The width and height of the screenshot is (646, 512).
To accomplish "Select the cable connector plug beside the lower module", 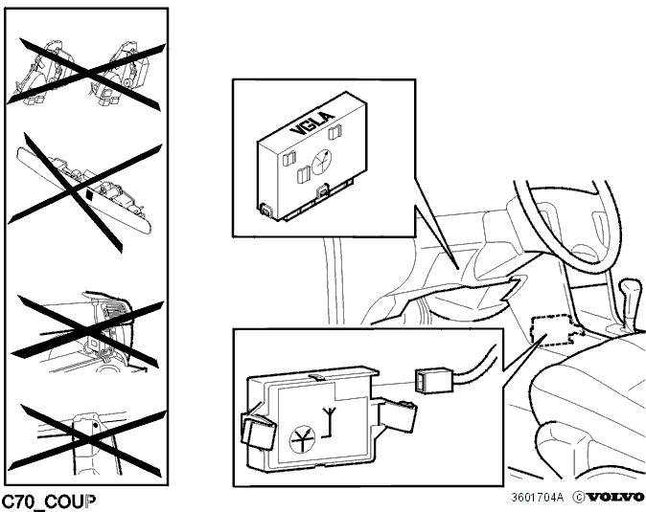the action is pos(434,380).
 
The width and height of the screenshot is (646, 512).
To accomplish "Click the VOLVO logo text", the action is pos(615,498).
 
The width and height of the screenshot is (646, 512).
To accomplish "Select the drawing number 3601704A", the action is pos(537,498).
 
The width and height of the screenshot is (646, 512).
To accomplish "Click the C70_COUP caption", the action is pos(49,501).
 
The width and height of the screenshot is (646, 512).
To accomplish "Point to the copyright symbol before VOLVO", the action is pos(579,498).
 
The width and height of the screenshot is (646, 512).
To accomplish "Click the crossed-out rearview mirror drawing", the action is pos(83,190).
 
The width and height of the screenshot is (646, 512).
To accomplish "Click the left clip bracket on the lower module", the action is pos(258,430).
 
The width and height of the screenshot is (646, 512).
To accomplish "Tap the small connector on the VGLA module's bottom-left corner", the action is pos(266,210).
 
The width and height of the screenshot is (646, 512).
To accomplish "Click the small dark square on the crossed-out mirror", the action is pos(89,194).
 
